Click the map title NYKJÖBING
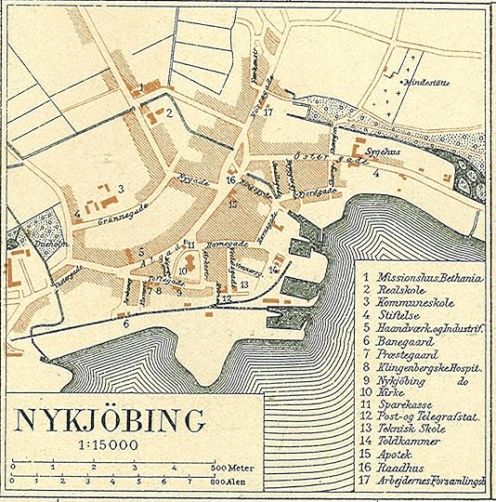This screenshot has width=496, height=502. tap(110, 420)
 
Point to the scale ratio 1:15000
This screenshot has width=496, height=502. tap(109, 445)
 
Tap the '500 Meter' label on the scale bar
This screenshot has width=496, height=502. tap(231, 467)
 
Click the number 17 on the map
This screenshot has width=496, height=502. tap(268, 112)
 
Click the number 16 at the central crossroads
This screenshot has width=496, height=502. tap(230, 180)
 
